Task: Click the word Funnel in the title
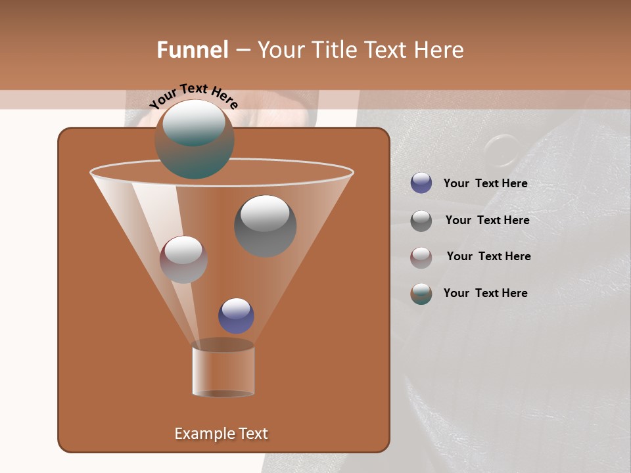click(193, 50)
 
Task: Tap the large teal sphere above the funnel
click(195, 139)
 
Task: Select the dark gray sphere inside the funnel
click(265, 225)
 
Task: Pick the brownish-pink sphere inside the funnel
click(183, 259)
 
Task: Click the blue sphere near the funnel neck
click(236, 315)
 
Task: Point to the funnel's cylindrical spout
click(223, 369)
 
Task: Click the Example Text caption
click(221, 434)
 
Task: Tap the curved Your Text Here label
click(193, 96)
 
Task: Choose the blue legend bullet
click(421, 183)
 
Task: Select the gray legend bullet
click(421, 220)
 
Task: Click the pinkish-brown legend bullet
click(421, 257)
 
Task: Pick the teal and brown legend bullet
click(421, 294)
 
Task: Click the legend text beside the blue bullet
click(485, 183)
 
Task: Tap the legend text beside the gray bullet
click(487, 220)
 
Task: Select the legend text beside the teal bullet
click(485, 293)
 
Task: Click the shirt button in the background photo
click(503, 150)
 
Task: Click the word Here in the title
click(440, 50)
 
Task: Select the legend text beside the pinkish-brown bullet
click(488, 256)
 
